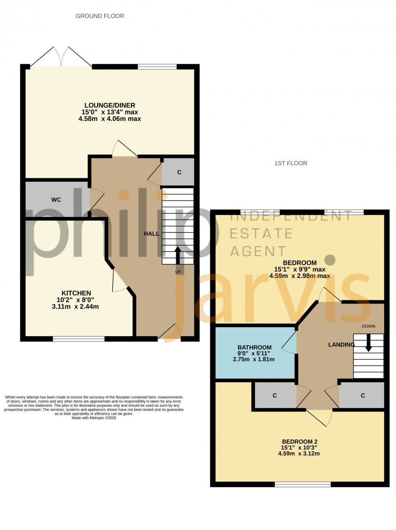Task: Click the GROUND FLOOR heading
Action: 100,16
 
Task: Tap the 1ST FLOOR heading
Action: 291,163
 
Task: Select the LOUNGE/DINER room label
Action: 110,105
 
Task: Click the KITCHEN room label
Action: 76,293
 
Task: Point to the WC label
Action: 56,200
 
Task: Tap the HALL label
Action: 152,233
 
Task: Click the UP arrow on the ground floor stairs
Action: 178,254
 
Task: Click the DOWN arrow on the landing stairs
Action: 369,343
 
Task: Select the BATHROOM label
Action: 254,347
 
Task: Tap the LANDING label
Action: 341,345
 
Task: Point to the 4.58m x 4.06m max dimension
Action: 110,119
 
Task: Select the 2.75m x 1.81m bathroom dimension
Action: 254,359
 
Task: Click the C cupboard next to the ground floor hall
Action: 179,172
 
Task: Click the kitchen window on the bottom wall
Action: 78,339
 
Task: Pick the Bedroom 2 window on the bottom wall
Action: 302,484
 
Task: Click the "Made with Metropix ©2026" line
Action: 94,418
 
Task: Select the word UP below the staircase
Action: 178,272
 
